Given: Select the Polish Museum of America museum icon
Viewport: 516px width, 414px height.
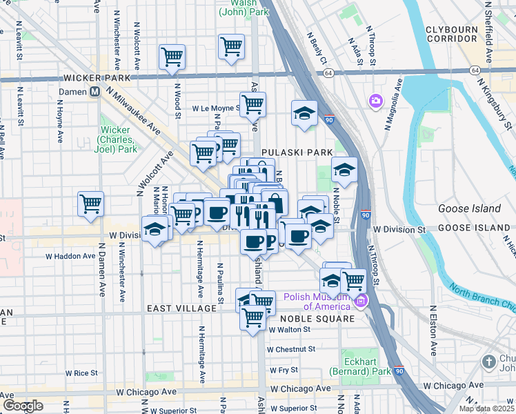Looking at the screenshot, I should (359, 301).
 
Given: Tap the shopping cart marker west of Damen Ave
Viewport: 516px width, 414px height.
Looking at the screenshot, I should (90, 205).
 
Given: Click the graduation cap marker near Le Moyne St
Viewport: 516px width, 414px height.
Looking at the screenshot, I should (304, 114).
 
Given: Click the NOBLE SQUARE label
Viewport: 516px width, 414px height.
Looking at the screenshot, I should (317, 318).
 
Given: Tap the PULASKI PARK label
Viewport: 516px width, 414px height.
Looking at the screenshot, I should (297, 152).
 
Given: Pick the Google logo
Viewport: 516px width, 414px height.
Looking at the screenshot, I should (23, 406).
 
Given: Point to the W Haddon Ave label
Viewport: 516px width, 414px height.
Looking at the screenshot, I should (70, 256).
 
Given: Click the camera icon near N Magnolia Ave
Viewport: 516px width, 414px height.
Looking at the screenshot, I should (376, 101).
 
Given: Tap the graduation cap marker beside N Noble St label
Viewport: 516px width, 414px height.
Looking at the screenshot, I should (344, 170).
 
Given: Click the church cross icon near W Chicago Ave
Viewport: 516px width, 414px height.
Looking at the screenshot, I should (489, 362).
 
